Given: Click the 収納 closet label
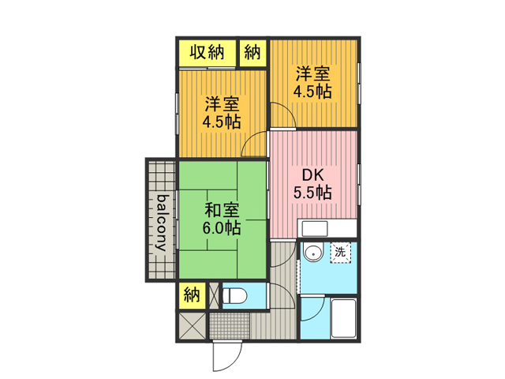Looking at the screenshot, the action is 207,52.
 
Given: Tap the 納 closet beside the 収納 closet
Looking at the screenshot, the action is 253,53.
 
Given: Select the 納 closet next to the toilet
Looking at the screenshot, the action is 192,295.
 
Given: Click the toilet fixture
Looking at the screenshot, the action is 235,295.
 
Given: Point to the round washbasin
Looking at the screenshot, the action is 313,253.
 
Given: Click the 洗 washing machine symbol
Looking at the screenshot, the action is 340,252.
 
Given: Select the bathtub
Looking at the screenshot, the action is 344,319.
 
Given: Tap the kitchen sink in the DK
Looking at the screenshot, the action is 314,228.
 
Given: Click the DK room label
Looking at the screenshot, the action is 312,175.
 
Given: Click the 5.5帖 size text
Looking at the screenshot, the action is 312,193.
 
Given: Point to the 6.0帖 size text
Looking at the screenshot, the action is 222,228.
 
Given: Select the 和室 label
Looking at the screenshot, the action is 222,211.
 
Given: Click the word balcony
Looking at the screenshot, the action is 162,223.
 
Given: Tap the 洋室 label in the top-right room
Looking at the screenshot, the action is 312,73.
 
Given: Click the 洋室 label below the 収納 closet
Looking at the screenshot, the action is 222,104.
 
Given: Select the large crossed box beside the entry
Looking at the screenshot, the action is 192,325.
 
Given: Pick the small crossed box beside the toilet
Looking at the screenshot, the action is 214,295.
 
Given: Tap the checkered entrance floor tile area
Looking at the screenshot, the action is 230,325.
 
